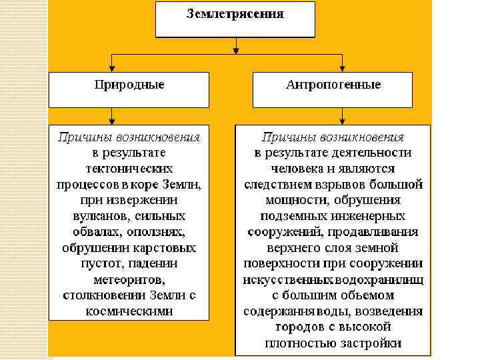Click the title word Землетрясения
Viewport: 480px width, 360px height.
234,13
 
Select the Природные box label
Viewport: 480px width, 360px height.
129,85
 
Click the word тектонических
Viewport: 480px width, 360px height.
129,169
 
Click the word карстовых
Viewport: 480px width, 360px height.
163,247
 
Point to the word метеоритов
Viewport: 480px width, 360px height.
129,279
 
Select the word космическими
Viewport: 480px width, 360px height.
129,311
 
